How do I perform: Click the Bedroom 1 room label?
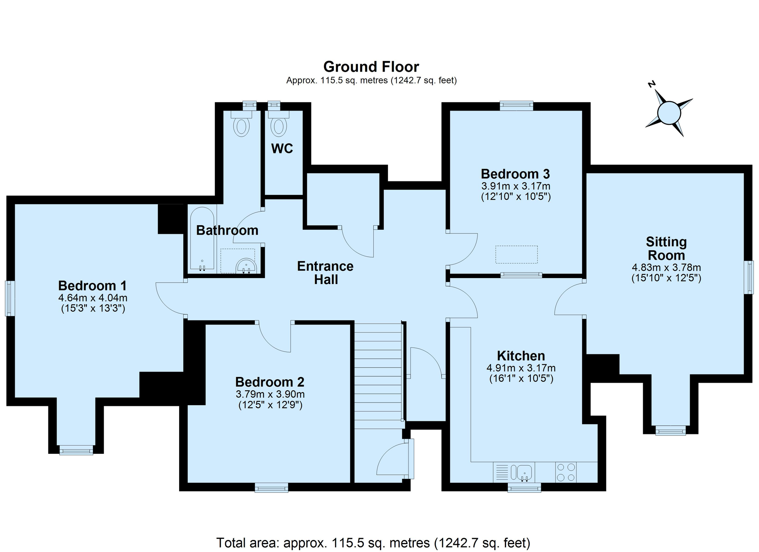[x=93, y=286]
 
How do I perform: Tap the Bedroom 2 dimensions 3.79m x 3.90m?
[x=270, y=394]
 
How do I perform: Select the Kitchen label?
[x=521, y=356]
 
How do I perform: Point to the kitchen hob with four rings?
[x=566, y=472]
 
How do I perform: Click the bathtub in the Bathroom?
[x=202, y=239]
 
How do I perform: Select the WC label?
[x=282, y=149]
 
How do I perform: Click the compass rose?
[x=669, y=112]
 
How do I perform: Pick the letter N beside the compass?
[x=652, y=84]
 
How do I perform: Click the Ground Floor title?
[x=371, y=67]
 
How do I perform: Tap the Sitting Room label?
[x=666, y=248]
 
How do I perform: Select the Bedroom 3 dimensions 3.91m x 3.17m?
[x=516, y=186]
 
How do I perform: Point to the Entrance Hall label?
[x=325, y=273]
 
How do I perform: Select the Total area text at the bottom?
[x=373, y=543]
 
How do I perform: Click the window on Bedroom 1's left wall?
[x=10, y=299]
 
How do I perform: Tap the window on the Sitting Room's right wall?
[x=749, y=277]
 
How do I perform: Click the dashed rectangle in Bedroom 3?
[x=516, y=254]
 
